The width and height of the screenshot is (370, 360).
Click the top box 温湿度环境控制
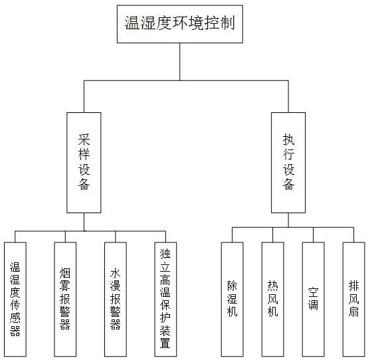180,24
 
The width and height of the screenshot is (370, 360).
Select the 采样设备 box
84,163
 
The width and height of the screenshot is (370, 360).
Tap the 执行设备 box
288,163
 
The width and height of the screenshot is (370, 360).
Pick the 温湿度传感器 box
15,299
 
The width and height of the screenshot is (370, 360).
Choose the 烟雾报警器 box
65,299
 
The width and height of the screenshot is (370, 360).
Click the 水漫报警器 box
116,299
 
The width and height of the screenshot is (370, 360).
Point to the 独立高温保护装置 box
165,299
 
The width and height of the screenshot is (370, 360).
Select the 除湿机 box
232,299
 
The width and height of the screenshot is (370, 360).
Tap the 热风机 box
273,299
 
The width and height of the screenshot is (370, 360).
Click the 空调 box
314,299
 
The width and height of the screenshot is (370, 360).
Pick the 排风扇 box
353,299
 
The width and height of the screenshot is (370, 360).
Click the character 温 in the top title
132,23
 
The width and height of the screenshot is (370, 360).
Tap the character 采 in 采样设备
84,140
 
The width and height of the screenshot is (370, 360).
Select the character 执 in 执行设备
288,140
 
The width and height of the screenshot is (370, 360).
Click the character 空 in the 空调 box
313,292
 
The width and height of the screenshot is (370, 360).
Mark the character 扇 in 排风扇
353,312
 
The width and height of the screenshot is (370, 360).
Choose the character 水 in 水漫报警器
116,273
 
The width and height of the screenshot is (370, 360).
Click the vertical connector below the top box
180,62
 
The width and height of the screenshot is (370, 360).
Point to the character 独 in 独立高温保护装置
165,254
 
